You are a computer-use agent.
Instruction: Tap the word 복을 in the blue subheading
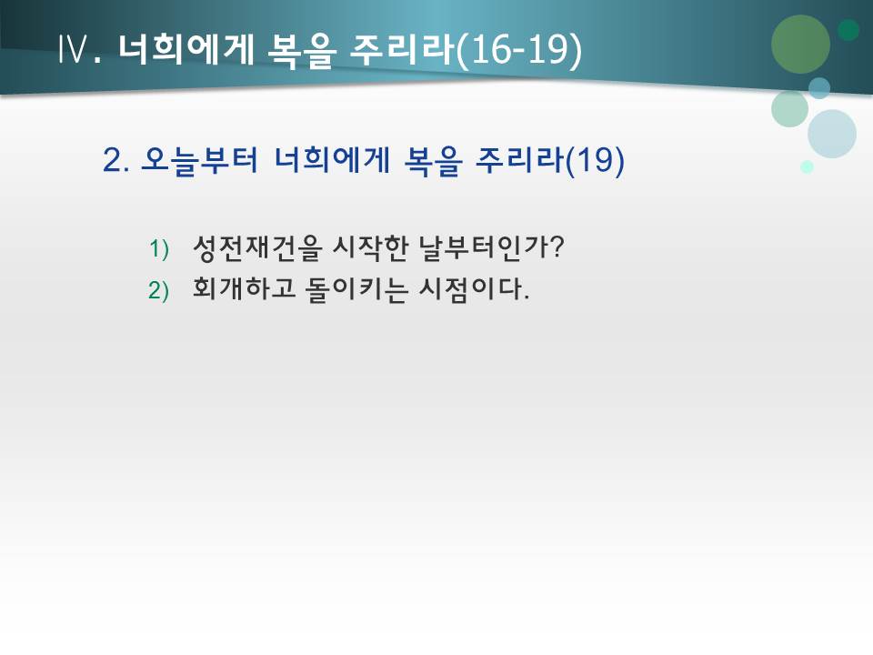point(432,161)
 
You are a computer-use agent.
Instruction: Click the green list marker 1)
point(159,247)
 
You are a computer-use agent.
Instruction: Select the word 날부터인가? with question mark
point(494,247)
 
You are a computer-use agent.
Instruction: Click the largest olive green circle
point(800,44)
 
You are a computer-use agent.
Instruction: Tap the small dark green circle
point(848,30)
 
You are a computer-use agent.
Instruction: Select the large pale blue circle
point(832,134)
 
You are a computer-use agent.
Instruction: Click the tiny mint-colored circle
point(807,166)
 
